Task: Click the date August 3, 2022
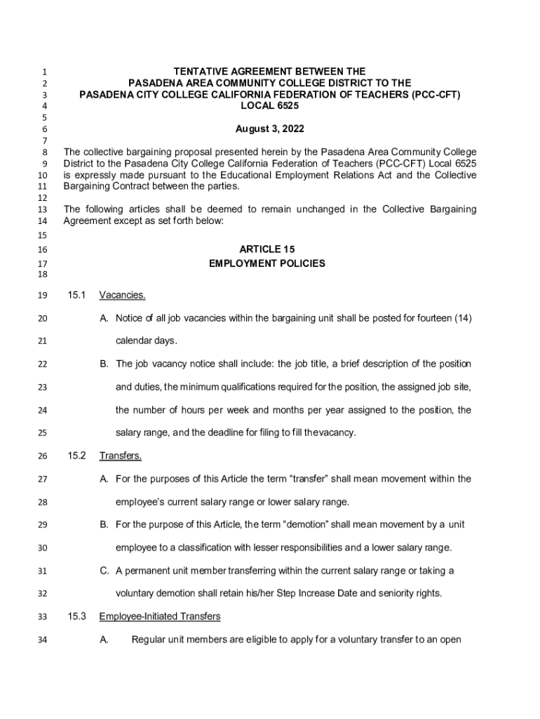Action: coord(270,129)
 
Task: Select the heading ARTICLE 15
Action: coord(267,249)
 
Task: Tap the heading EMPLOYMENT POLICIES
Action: coord(267,264)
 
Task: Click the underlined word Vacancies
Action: coord(122,295)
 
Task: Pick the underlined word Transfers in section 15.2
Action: coord(121,456)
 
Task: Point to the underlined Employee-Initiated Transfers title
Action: coord(160,616)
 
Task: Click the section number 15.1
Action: coord(76,295)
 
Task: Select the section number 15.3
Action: coord(76,616)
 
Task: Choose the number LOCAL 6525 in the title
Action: coord(270,105)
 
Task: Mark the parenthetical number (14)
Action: coord(461,318)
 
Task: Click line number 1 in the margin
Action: coord(43,72)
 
